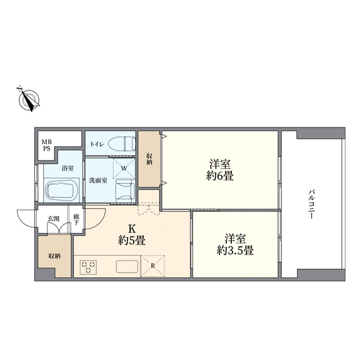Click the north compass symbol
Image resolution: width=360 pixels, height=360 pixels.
point(29,99)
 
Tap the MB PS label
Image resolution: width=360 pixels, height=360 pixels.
point(47,145)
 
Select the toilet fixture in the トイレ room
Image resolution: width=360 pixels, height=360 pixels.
point(122,144)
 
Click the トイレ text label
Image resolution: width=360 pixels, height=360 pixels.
point(97,144)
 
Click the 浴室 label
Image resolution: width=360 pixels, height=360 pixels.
point(67,168)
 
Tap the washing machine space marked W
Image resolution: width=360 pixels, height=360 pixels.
point(124,168)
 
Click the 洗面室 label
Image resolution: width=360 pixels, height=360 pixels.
point(98,180)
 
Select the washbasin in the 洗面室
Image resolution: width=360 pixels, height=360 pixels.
point(126,191)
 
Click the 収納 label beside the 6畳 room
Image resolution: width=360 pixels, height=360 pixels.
point(149,159)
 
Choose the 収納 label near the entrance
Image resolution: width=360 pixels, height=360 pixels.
point(54,256)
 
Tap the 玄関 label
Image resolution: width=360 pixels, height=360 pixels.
point(53,219)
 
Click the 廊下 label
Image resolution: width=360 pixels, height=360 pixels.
point(76,220)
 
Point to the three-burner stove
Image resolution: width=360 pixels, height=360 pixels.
point(88,267)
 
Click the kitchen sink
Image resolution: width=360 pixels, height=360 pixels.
point(127,266)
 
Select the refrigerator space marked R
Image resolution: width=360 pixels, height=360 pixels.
point(152,266)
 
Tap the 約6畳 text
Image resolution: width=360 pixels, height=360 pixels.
point(220,176)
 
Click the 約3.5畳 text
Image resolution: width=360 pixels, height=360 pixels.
point(236,251)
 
